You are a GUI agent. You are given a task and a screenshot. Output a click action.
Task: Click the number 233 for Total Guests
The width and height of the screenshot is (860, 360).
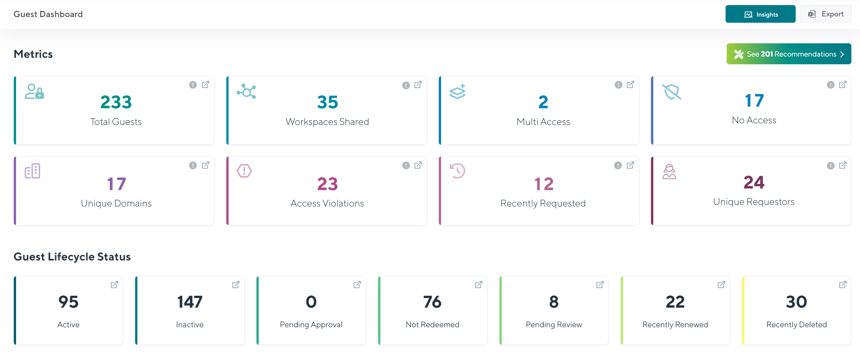click(x=116, y=102)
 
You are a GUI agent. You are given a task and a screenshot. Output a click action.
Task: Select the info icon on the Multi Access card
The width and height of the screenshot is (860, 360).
click(x=618, y=85)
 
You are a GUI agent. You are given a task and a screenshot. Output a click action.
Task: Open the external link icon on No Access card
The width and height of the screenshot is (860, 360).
click(x=843, y=85)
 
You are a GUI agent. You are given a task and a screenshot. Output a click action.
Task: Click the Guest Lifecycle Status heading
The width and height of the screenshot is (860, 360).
click(x=72, y=256)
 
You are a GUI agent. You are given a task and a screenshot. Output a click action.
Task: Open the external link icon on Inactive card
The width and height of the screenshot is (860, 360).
click(x=236, y=285)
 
